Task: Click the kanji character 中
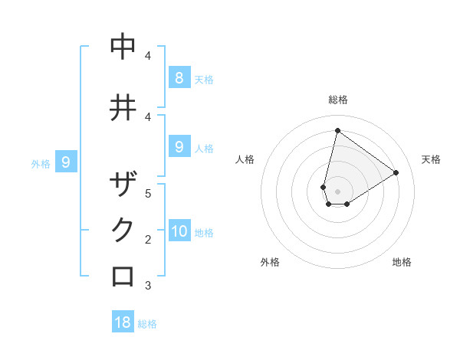tap(123, 47)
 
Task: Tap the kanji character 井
tap(123, 107)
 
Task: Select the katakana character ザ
tap(123, 185)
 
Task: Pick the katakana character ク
tap(123, 231)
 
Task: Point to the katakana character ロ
tap(123, 276)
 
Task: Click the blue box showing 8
tap(179, 77)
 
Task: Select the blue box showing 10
tap(179, 231)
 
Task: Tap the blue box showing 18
tap(123, 322)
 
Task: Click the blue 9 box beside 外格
tap(66, 162)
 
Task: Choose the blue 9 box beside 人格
tap(179, 146)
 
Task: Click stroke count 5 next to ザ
tap(148, 193)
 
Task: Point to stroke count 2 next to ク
tap(148, 240)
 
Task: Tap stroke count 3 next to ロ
tap(148, 286)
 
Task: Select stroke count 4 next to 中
tap(148, 56)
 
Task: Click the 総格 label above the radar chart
tap(337, 100)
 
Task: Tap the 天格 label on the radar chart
tap(431, 159)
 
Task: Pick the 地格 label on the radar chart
tap(402, 262)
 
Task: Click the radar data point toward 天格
tap(396, 172)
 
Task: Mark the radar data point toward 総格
tap(337, 130)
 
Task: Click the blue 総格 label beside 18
tap(147, 324)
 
